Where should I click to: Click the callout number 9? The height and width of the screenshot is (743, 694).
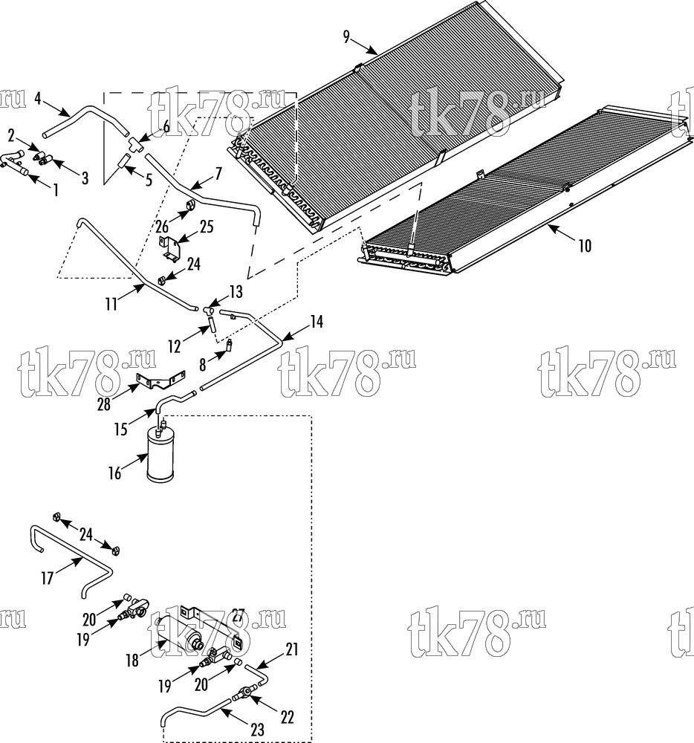pos(346,36)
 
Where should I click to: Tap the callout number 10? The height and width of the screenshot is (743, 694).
pos(585,245)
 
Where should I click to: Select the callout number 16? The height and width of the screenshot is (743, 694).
pos(115,473)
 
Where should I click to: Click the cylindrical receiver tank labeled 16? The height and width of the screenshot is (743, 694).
pos(161,455)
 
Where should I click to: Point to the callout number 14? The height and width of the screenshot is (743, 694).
pos(317,322)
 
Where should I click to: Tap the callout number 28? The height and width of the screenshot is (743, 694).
pos(104,403)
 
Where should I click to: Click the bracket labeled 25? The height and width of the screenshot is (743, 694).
pos(169,248)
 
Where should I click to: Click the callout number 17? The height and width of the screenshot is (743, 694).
pos(48,578)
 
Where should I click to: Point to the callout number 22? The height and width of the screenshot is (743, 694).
pos(287,717)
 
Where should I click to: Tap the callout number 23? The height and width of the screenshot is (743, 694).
pos(257,730)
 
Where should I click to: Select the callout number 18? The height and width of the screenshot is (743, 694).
pos(132,661)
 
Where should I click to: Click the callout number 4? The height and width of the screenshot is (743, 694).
pos(39,99)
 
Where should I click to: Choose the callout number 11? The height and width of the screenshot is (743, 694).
pos(111,304)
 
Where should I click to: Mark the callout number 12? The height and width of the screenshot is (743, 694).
pos(175,347)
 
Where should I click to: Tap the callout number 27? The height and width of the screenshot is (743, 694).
pos(238,617)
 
